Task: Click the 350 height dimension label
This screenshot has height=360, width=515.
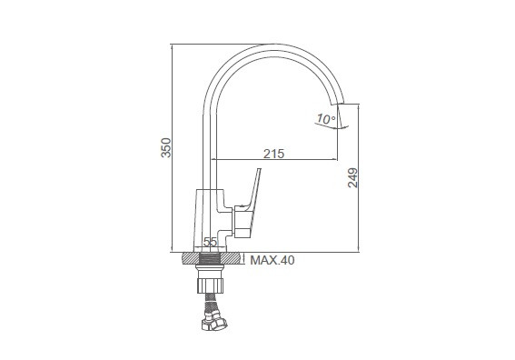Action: point(166,147)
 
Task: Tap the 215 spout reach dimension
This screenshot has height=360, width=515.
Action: point(274,154)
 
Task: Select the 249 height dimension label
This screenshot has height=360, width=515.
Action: point(352,178)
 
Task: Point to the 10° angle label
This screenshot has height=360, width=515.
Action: point(326,119)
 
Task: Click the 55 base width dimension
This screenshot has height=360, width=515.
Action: point(210,243)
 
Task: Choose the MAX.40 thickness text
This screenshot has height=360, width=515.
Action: point(272,260)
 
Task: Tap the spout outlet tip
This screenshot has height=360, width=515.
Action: point(338,105)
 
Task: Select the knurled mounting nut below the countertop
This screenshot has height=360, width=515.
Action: point(210,285)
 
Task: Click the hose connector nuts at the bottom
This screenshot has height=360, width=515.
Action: point(214,321)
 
